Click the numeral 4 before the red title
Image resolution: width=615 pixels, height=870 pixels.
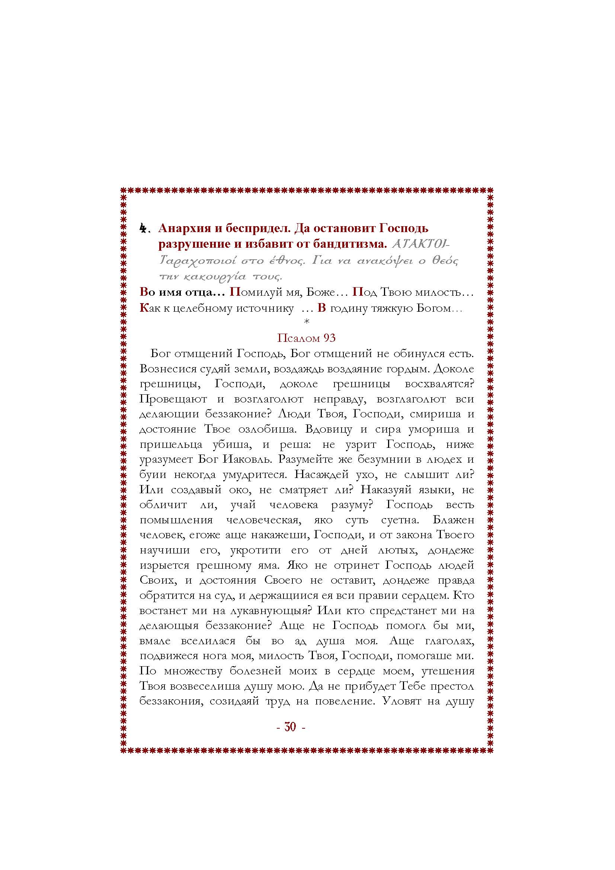pyautogui.click(x=143, y=228)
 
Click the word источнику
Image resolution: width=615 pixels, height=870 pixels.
pyautogui.click(x=265, y=308)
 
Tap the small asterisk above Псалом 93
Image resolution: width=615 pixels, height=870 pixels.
pyautogui.click(x=307, y=322)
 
